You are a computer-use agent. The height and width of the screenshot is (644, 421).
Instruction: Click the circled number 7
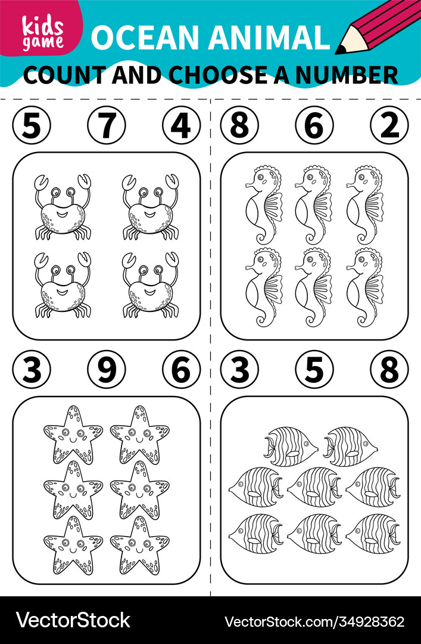click(106, 126)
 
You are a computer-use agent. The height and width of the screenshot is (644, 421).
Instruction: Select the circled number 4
click(181, 126)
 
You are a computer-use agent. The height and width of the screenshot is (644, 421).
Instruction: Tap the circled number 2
click(389, 126)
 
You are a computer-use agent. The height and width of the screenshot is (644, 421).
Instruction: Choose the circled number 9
click(106, 370)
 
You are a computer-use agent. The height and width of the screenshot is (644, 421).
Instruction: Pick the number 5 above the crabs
click(32, 126)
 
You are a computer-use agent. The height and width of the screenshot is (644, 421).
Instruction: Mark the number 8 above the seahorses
click(239, 126)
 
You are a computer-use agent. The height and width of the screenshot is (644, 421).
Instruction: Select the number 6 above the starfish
click(181, 370)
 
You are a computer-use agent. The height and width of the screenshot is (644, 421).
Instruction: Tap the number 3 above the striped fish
click(239, 370)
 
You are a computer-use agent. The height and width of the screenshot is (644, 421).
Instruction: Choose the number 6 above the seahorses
click(314, 126)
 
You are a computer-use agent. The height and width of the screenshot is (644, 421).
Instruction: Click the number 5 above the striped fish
click(314, 370)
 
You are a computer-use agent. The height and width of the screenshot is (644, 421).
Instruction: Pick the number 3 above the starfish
click(32, 370)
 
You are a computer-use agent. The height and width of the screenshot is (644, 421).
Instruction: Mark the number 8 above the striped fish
click(389, 370)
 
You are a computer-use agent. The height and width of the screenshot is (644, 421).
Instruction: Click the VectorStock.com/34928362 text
click(314, 621)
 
